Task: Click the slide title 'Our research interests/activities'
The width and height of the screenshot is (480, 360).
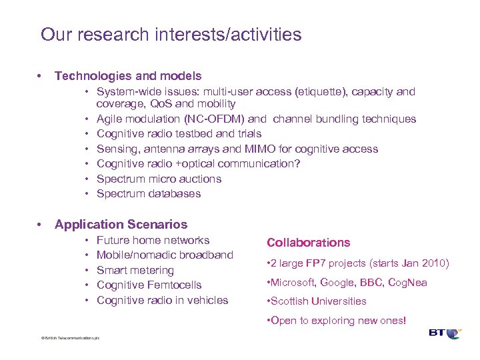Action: [x=171, y=35]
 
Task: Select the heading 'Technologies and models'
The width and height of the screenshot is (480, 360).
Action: [x=128, y=77]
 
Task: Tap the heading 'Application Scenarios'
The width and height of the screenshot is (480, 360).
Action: [x=121, y=225]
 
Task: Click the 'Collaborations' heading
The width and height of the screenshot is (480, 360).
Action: [x=308, y=243]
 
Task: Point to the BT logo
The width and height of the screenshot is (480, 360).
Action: [x=445, y=333]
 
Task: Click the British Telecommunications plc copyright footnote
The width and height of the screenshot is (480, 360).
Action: [x=70, y=338]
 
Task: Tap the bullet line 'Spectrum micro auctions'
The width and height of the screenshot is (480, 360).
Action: [x=159, y=179]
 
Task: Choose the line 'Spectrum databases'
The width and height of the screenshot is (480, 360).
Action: [x=148, y=194]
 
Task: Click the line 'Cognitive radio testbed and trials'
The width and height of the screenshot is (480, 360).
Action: [x=180, y=134]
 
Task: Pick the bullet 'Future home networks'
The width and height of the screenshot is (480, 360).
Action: [x=153, y=240]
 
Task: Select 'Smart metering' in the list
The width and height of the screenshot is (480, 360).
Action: [x=135, y=270]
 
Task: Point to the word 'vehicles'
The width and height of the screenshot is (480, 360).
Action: [x=207, y=301]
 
